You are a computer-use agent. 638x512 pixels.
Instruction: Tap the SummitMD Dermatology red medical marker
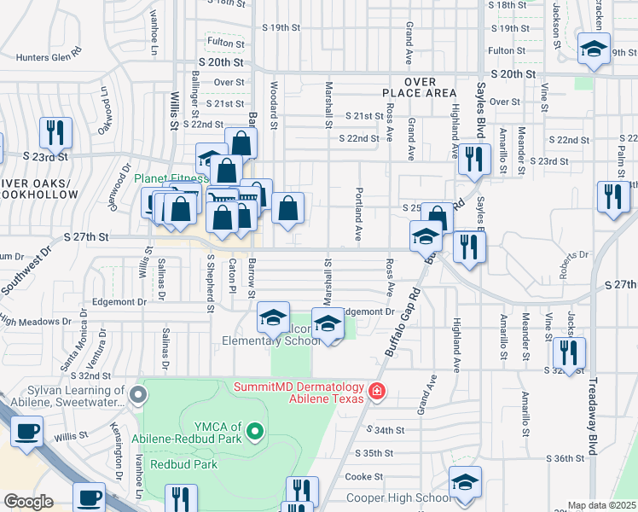click(x=377, y=393)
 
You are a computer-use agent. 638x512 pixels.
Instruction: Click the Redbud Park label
click(x=183, y=465)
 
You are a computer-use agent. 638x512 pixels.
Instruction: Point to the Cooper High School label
click(x=398, y=498)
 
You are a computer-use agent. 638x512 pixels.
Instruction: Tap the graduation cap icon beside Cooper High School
click(x=465, y=484)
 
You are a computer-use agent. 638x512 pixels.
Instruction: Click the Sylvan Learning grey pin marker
click(x=141, y=395)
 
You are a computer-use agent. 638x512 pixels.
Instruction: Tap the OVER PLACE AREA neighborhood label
click(x=432, y=86)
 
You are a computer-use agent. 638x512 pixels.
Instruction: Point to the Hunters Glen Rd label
click(x=49, y=58)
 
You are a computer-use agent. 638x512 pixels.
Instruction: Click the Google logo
click(x=28, y=502)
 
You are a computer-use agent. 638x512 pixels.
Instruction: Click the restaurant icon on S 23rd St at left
click(x=55, y=132)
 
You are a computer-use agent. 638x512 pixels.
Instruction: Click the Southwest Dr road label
click(x=25, y=273)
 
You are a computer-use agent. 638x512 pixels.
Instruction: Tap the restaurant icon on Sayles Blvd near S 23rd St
click(x=473, y=158)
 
